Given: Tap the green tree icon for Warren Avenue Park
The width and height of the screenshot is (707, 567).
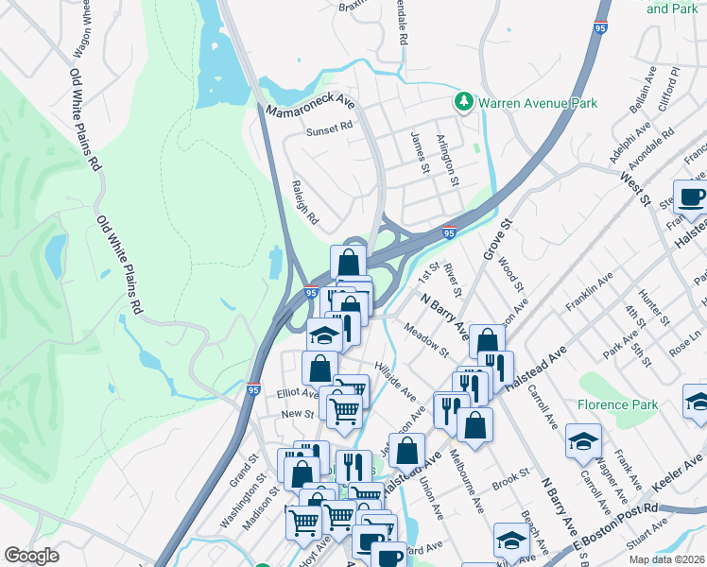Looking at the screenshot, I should pyautogui.click(x=463, y=101).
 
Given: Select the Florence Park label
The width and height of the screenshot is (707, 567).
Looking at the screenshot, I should pyautogui.click(x=618, y=404).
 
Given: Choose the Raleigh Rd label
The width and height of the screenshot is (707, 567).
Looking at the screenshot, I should pyautogui.click(x=305, y=202).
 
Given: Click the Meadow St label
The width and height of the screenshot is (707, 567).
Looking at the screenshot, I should pyautogui.click(x=425, y=341).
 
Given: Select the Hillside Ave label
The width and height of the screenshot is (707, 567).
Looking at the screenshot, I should pyautogui.click(x=395, y=378).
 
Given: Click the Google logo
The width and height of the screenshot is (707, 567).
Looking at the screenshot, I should pyautogui.click(x=31, y=556).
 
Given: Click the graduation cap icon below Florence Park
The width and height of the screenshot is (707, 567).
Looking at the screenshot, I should pyautogui.click(x=583, y=441).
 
